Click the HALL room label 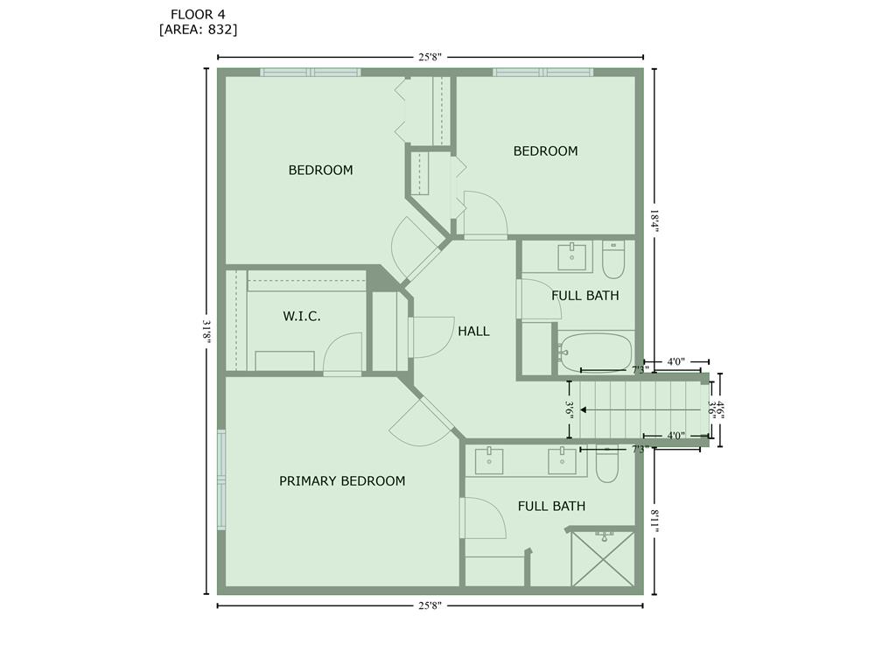473,332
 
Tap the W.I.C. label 302,316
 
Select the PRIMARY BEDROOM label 342,481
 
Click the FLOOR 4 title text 198,14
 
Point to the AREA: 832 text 198,30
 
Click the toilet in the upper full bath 613,259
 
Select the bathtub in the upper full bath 595,353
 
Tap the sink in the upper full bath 571,257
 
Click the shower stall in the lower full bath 603,559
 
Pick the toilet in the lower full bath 606,464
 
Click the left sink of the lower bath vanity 489,461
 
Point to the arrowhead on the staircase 584,409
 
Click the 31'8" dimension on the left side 207,332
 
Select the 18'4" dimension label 654,220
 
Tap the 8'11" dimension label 654,520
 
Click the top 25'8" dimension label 430,57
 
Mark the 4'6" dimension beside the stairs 721,409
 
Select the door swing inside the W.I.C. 343,353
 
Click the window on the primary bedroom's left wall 221,480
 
